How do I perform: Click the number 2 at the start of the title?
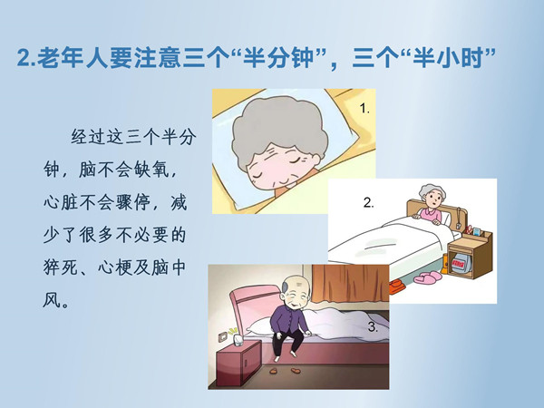[24, 57]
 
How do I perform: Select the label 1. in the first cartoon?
[364, 109]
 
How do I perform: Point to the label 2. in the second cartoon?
[368, 202]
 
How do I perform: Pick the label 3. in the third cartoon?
[373, 326]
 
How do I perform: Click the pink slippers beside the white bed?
[427, 277]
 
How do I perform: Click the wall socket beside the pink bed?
[222, 335]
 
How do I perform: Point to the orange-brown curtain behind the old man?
[350, 283]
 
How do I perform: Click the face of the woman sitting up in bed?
[432, 201]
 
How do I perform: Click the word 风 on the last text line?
[52, 300]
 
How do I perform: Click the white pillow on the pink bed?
[264, 326]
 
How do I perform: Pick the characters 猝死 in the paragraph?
[61, 267]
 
